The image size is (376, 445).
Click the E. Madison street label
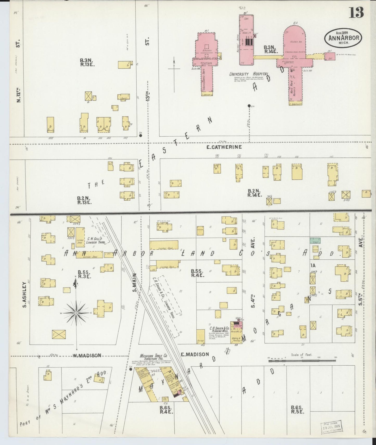point(195,354)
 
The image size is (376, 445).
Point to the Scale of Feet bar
point(302,360)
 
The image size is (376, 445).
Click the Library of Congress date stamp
point(332,427)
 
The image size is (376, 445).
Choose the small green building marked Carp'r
point(315,240)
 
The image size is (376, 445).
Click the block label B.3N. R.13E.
point(87,62)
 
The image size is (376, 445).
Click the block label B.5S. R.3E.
point(85,274)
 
